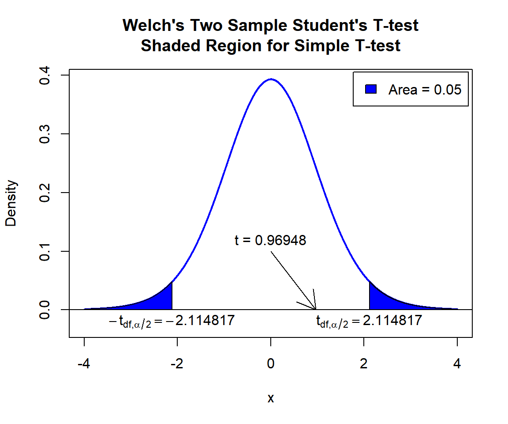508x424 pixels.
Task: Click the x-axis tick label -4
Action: [84, 364]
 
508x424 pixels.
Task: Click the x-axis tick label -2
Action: [177, 364]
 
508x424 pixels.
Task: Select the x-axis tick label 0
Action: [271, 364]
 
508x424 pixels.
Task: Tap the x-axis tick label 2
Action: [364, 364]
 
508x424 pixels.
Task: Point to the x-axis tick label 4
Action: [457, 364]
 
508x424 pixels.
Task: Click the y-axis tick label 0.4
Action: [45, 76]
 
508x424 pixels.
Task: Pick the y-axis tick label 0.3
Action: [45, 134]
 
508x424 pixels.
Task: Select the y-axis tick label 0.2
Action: [45, 193]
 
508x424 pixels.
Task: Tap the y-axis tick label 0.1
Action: [45, 251]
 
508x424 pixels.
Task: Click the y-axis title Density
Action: [11, 203]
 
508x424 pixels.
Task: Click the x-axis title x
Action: [271, 398]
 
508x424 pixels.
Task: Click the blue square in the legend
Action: [371, 89]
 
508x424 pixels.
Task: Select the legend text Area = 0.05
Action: [425, 90]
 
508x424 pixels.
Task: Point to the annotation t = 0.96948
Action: [270, 241]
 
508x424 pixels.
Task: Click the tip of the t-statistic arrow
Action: [316, 309]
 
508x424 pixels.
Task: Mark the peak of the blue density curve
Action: [271, 79]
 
